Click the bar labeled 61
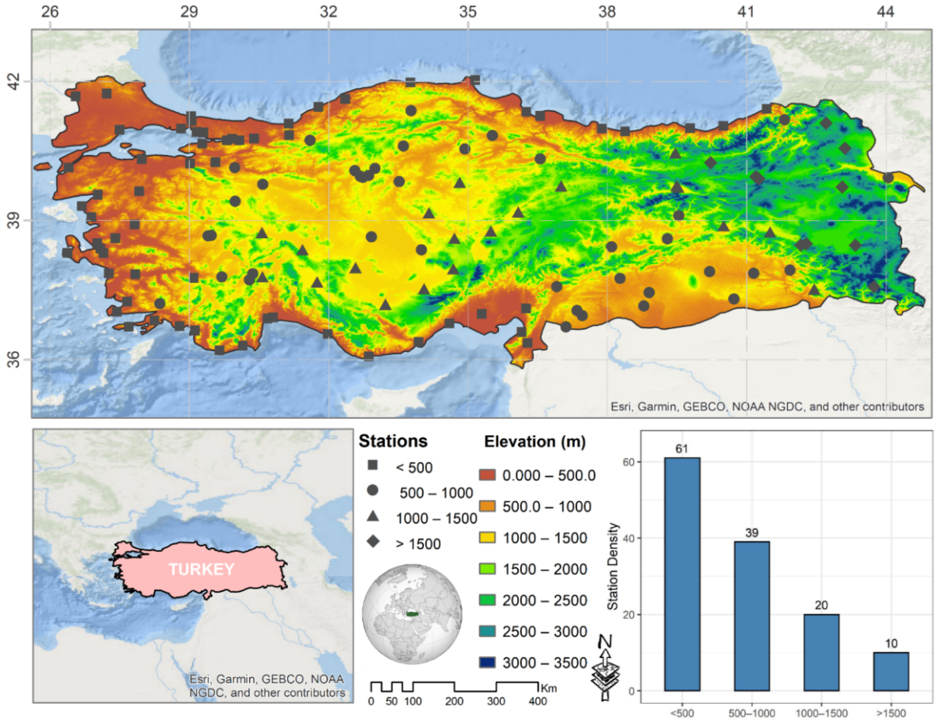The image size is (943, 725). pos(682,574)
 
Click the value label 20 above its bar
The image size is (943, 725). pos(821,605)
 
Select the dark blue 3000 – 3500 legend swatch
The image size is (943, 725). pos(488,662)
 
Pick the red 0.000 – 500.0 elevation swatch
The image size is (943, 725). pos(488,475)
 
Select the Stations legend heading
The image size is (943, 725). pos(393,441)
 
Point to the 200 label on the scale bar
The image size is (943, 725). pos(454,701)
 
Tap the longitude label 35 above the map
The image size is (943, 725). pos(468,12)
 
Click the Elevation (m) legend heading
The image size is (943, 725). pos(535,441)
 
